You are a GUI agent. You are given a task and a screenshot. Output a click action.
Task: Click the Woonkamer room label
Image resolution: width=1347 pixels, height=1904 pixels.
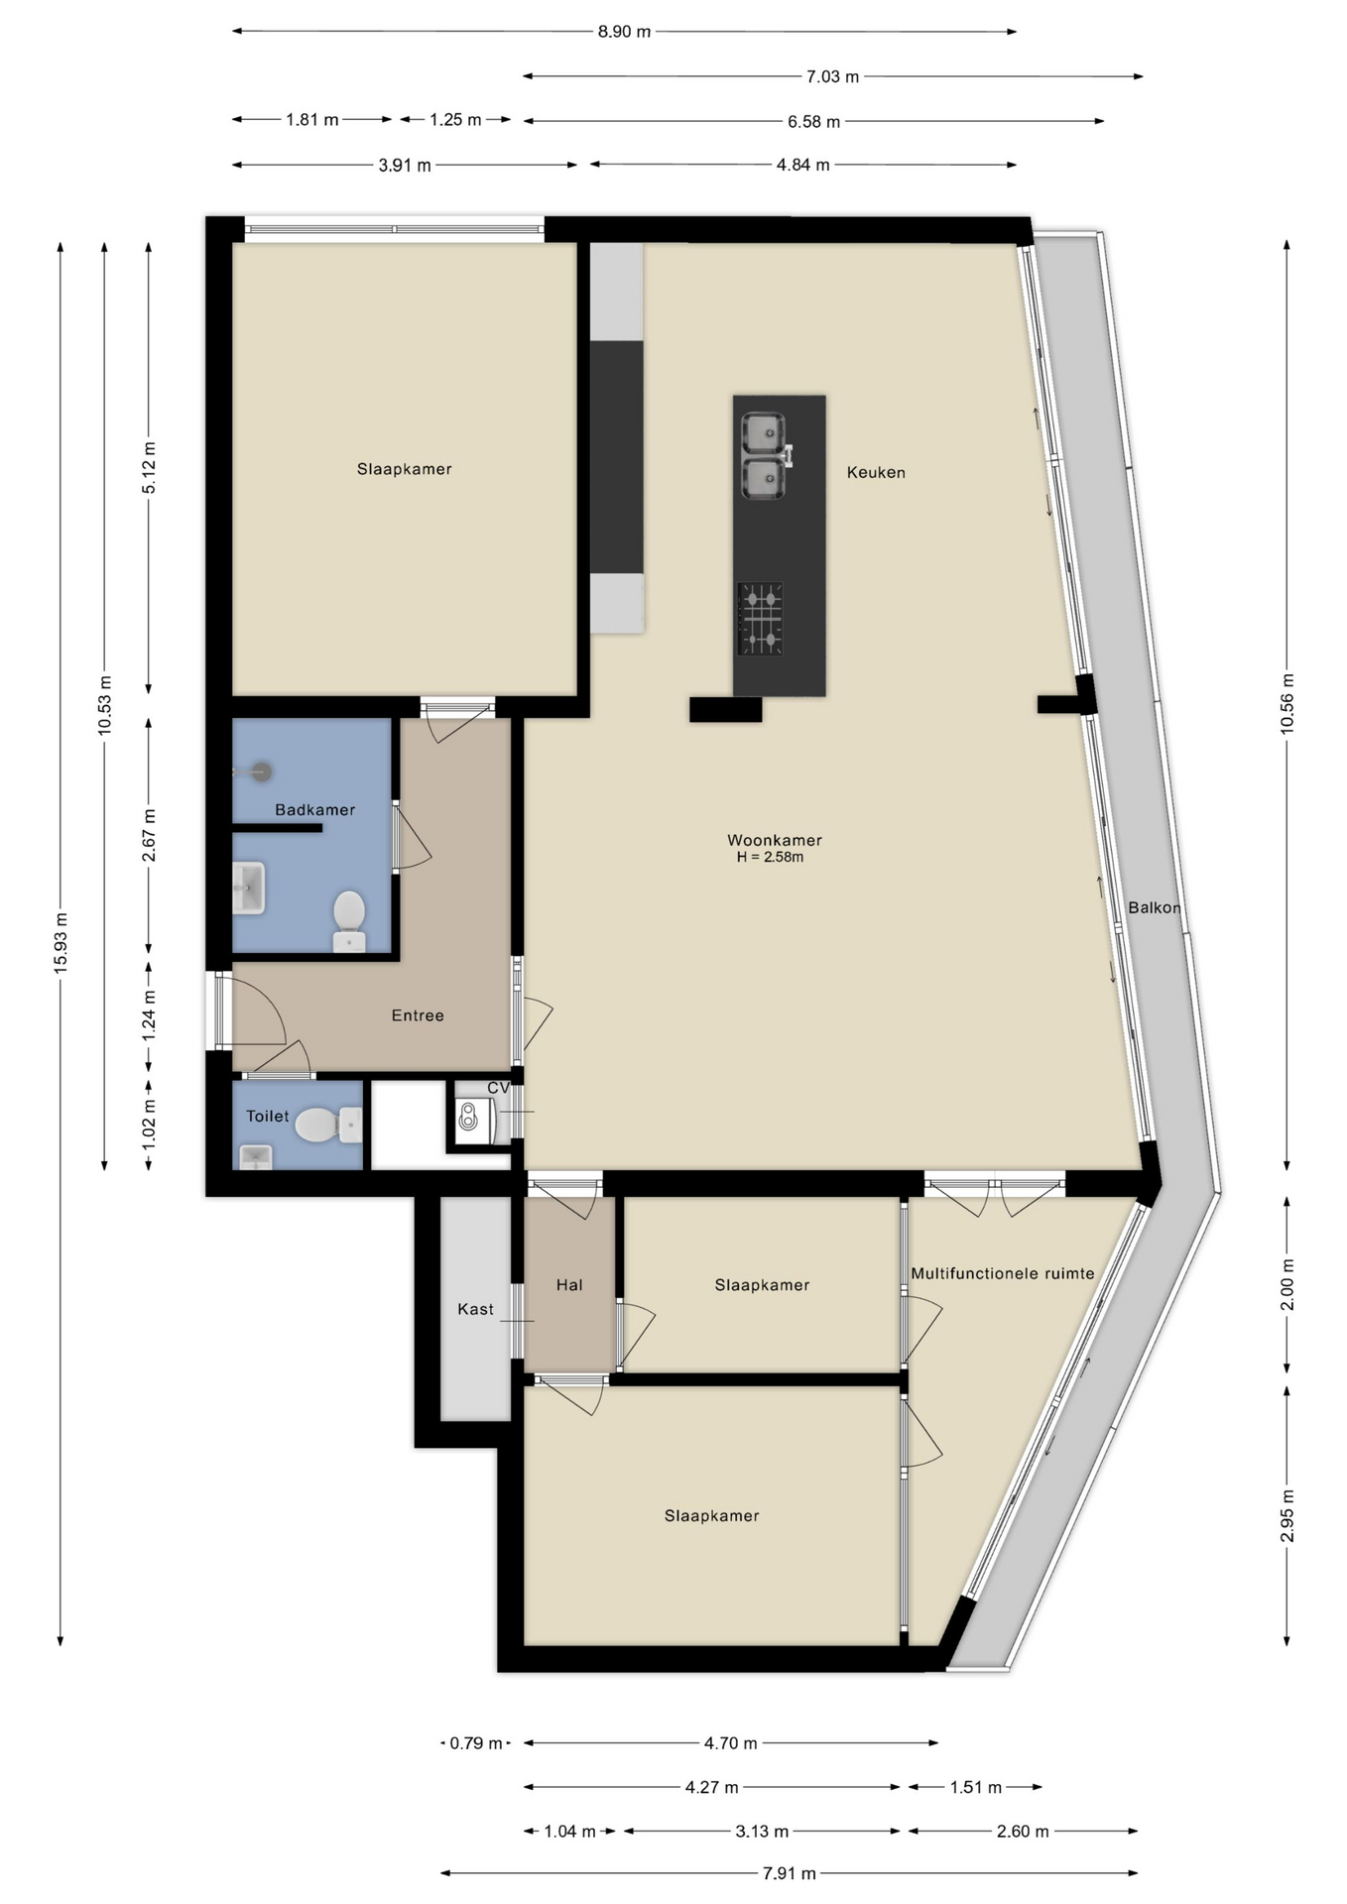tap(775, 840)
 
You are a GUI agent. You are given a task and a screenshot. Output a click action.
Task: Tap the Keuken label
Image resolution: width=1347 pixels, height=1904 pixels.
tap(876, 473)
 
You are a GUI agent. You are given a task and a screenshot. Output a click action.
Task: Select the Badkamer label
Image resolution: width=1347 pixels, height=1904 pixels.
tap(315, 810)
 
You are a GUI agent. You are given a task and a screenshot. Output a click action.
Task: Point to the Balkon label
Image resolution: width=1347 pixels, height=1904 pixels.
tap(1155, 907)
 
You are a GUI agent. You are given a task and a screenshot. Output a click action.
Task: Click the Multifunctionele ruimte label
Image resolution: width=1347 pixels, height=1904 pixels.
tap(1003, 1273)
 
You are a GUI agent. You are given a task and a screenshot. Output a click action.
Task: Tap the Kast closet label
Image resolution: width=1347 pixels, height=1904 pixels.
tap(475, 1309)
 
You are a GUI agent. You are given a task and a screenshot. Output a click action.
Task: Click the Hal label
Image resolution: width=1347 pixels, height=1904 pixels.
tap(569, 1285)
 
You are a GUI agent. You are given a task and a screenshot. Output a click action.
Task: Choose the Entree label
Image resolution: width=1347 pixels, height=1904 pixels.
tap(418, 1015)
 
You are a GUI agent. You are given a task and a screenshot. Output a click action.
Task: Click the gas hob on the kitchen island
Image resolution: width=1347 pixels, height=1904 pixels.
tap(760, 619)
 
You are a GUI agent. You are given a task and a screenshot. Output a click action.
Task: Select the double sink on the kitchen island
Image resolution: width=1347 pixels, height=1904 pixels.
tap(765, 456)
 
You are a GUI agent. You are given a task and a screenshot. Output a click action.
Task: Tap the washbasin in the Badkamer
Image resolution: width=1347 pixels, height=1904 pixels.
tap(249, 888)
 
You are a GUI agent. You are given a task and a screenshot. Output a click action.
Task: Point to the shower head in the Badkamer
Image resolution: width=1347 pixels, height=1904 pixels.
tap(261, 772)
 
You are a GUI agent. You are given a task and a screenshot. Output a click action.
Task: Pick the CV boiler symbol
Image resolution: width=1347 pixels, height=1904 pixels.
tap(474, 1117)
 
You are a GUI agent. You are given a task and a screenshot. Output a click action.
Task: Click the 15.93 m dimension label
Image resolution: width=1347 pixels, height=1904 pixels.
tap(61, 942)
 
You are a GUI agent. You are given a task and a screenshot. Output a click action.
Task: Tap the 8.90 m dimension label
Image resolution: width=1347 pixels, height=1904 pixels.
tap(625, 32)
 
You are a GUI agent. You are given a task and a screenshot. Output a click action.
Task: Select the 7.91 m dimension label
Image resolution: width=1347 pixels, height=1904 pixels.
tap(790, 1873)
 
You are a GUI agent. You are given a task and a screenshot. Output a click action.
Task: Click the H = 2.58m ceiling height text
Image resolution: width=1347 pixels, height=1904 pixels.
tap(770, 858)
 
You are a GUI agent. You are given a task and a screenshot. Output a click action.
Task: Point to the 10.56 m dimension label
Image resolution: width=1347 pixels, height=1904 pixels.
tap(1287, 703)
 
